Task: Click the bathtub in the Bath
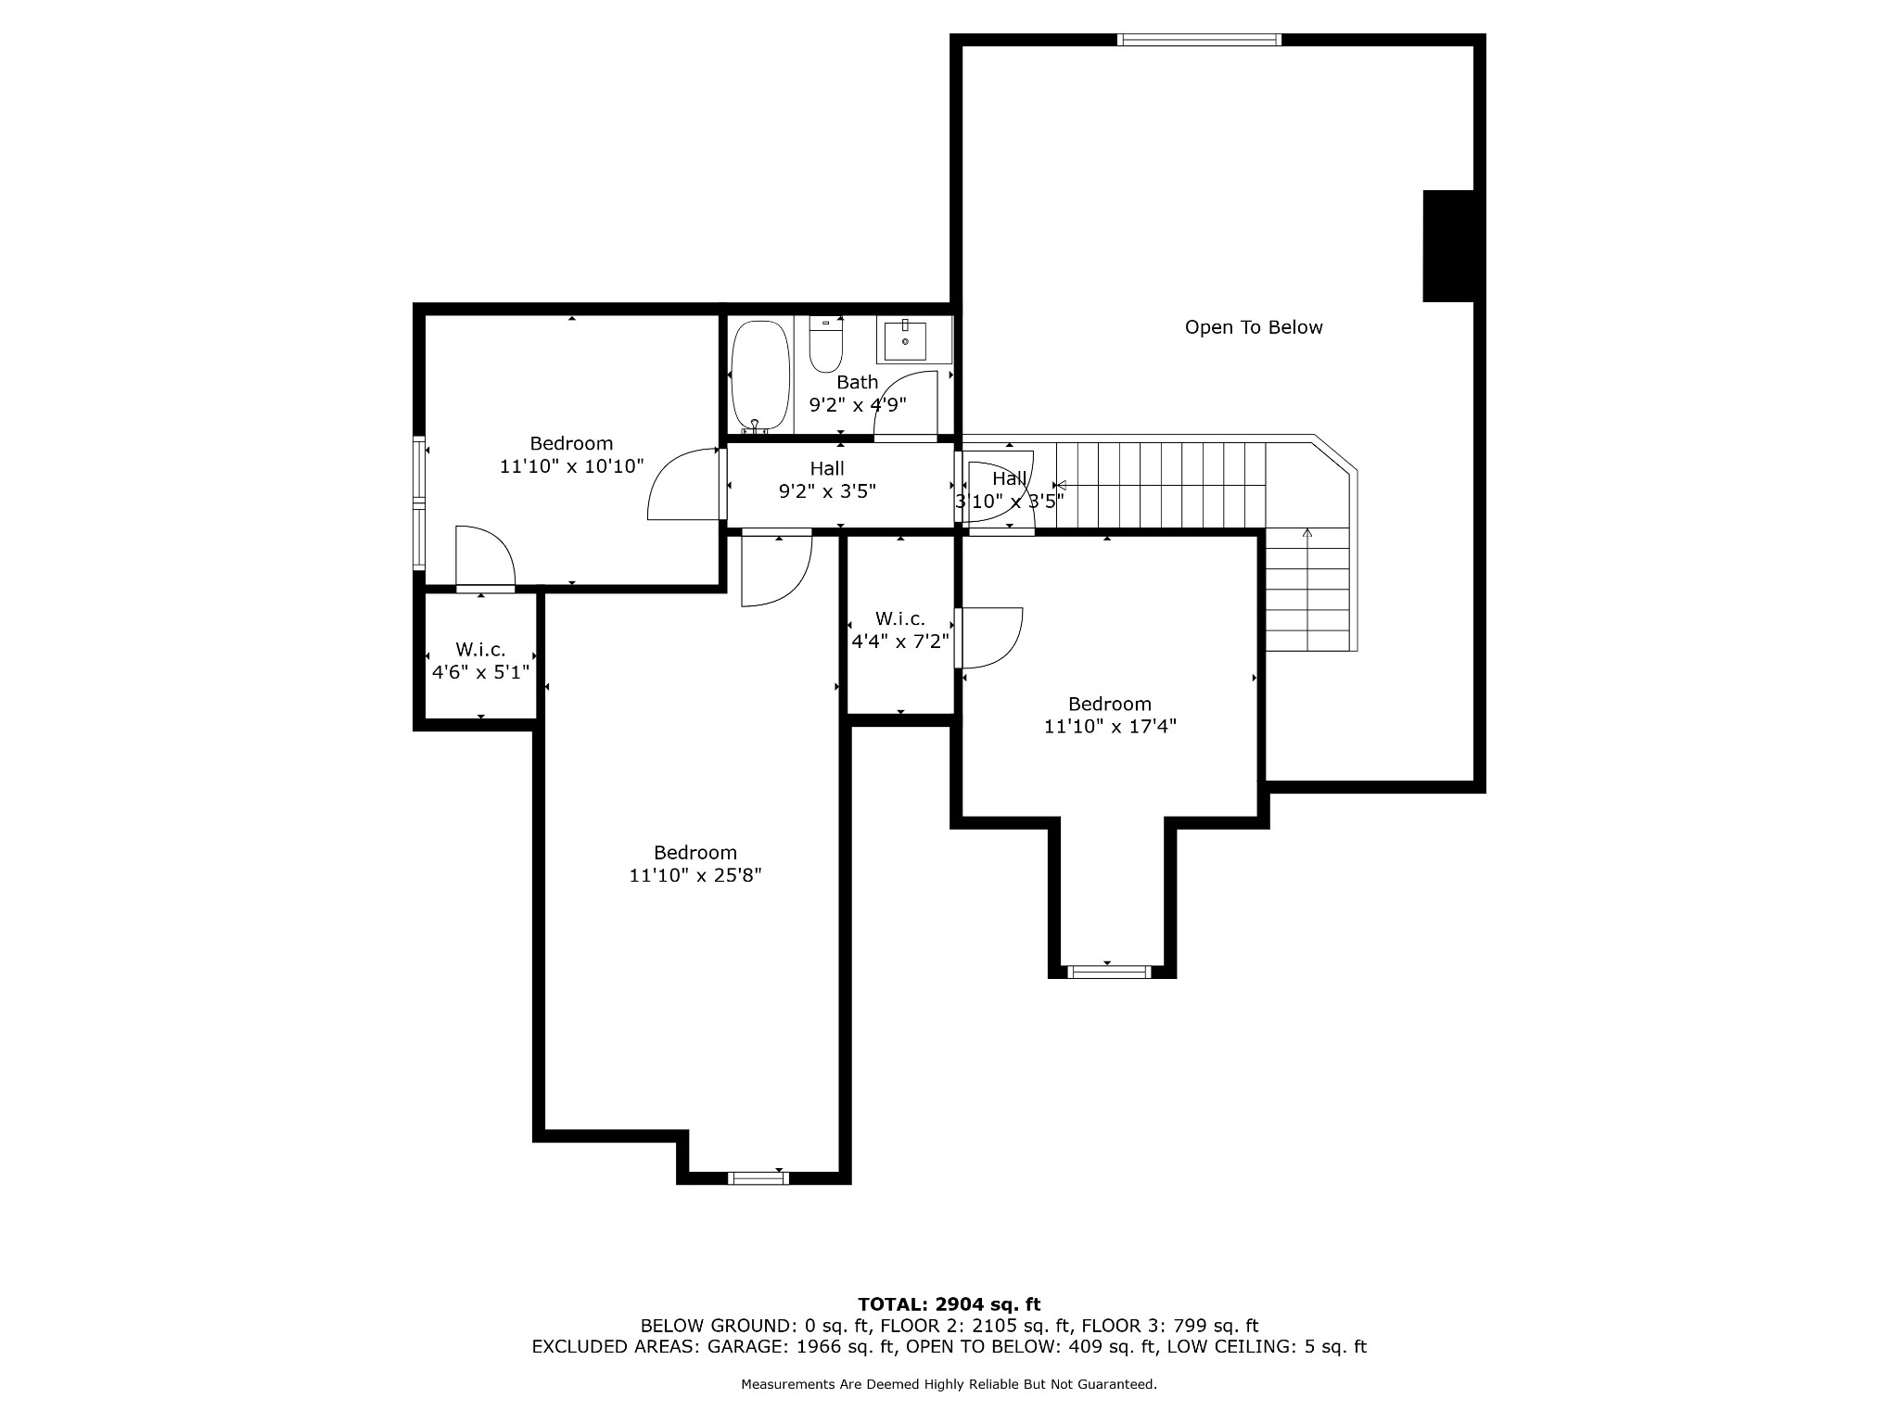760,376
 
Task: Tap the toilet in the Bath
825,344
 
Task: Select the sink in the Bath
905,340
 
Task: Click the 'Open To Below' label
1254,327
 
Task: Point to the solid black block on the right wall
1448,246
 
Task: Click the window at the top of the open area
1200,40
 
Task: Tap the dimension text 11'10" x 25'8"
695,875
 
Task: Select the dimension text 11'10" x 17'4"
1110,727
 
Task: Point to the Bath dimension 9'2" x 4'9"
858,404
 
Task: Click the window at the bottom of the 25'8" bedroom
758,1178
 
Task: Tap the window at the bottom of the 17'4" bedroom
1110,973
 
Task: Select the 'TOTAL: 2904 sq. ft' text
949,1305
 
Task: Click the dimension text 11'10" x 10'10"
571,466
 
